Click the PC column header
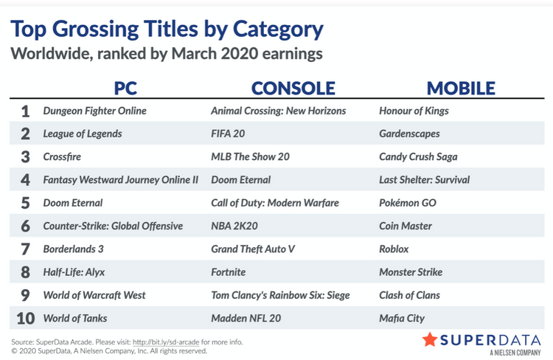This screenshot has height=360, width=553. tap(125, 89)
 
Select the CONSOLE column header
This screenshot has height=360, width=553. tap(293, 89)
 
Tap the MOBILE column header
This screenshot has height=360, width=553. tap(461, 89)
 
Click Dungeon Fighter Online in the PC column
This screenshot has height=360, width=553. tap(94, 111)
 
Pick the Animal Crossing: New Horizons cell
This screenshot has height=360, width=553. tap(278, 111)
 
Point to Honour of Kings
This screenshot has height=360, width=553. tap(414, 111)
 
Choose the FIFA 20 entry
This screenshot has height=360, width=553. tap(228, 134)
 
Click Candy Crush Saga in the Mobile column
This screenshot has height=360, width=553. tap(418, 156)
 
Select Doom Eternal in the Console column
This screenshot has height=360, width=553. tap(240, 180)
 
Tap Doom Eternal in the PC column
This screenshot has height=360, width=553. tap(73, 203)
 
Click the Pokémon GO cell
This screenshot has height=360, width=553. tap(407, 203)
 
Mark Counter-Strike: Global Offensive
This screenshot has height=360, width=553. tap(113, 226)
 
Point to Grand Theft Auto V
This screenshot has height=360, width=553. tap(252, 249)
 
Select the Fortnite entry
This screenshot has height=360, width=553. tap(228, 272)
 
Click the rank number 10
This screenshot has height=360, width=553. tap(25, 319)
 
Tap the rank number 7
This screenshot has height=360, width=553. tap(25, 249)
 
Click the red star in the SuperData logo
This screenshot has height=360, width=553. tap(430, 339)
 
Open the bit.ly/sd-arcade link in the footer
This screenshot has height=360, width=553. tap(166, 342)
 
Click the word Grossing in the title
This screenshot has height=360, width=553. tap(95, 30)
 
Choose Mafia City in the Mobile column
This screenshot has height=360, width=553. tap(402, 319)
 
